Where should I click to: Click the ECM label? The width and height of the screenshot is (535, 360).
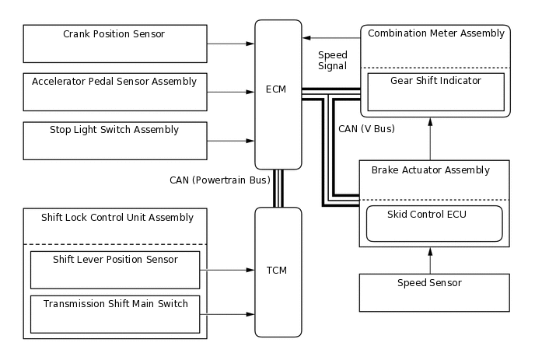[275, 89]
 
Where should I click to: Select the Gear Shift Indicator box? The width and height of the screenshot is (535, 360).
[435, 92]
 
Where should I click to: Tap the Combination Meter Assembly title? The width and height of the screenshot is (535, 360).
[435, 33]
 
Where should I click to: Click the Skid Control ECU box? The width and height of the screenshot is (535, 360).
[435, 223]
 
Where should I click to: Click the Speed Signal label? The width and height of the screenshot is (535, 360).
[333, 61]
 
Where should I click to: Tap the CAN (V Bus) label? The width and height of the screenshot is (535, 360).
[367, 128]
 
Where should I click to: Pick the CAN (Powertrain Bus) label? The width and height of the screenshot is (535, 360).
[220, 180]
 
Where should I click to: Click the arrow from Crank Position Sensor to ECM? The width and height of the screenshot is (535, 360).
[231, 44]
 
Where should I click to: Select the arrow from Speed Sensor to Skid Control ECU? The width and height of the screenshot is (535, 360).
[430, 260]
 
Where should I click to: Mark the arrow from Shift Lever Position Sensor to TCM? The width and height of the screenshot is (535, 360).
[232, 271]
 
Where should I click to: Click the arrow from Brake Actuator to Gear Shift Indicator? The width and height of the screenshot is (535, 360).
[430, 138]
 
